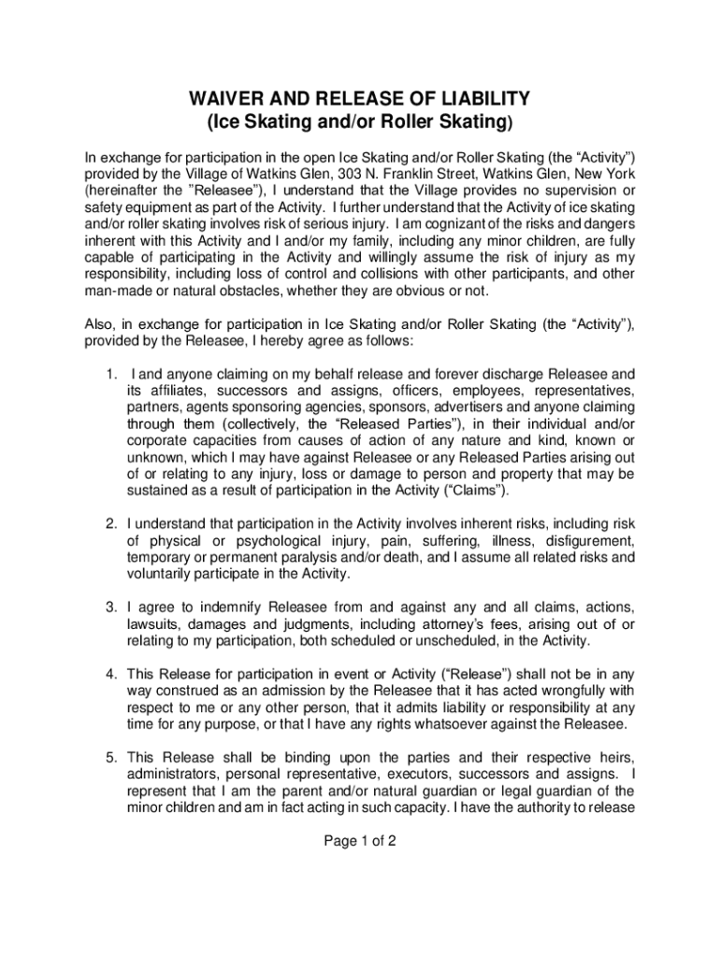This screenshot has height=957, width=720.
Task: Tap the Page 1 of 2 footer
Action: point(360,840)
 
